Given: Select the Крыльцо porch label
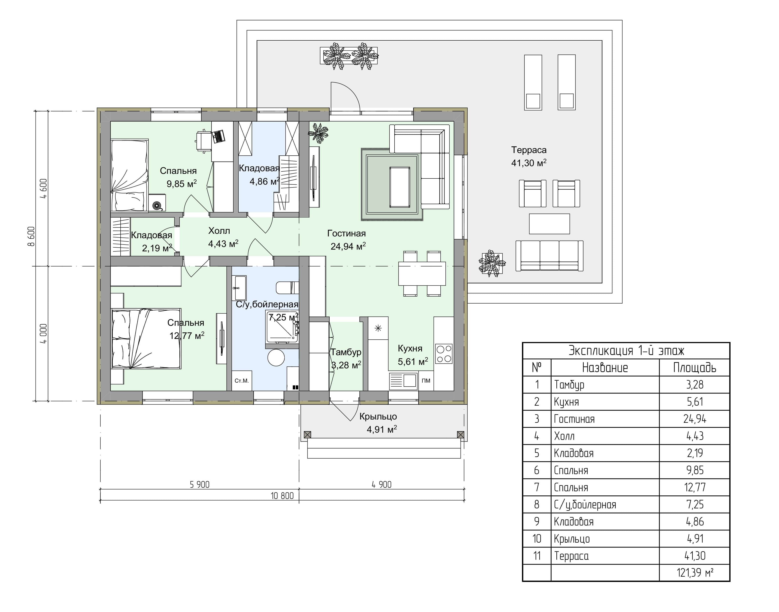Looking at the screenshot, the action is [x=378, y=416].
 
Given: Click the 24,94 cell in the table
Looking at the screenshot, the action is [x=695, y=419].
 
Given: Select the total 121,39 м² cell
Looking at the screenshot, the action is [x=695, y=572].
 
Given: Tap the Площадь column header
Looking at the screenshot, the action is [x=695, y=368].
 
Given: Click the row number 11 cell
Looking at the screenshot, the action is [x=537, y=556].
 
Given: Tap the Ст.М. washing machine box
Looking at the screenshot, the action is [x=242, y=381].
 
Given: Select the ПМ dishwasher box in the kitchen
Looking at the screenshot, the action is [x=426, y=381].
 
